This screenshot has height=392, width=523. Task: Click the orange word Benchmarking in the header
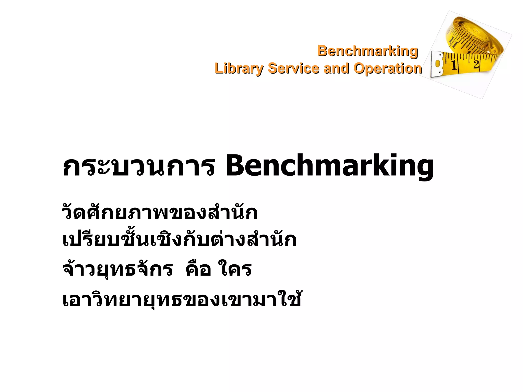367,51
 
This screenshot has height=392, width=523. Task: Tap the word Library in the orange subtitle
239,69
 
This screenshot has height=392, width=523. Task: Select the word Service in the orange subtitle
293,69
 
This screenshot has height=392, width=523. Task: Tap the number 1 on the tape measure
454,65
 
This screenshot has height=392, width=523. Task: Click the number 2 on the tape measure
476,64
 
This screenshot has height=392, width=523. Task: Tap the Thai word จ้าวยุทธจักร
117,269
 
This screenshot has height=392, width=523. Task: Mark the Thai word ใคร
235,269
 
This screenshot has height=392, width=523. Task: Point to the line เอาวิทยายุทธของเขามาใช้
182,299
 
